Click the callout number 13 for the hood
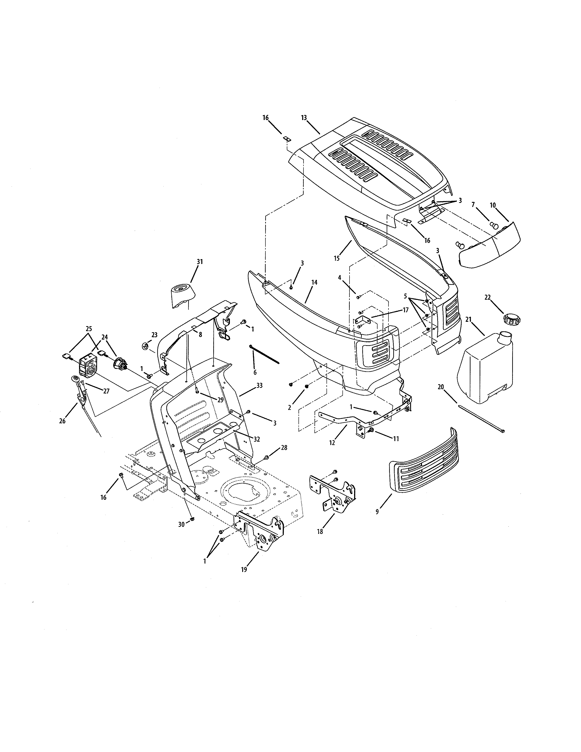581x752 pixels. click(x=303, y=118)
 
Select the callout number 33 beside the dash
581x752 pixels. click(x=259, y=385)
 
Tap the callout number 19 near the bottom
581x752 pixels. click(x=244, y=569)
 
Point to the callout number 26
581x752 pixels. click(x=62, y=421)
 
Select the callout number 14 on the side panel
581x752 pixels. click(x=314, y=282)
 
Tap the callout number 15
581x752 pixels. click(x=337, y=258)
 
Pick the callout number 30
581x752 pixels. click(x=181, y=524)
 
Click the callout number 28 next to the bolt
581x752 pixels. click(x=284, y=447)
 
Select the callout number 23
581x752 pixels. click(x=154, y=335)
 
